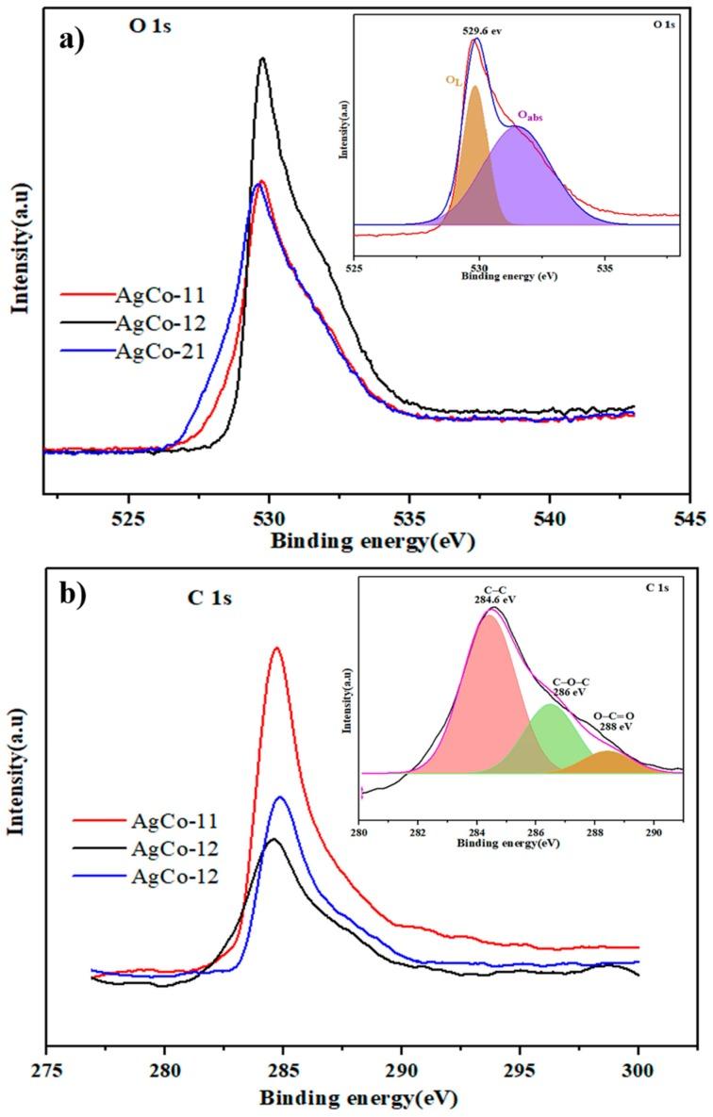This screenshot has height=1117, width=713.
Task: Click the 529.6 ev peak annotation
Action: click(481, 30)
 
